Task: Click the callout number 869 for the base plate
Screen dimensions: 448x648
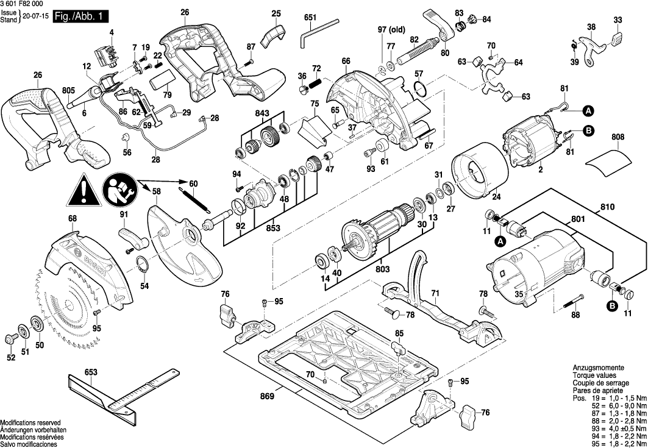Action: tap(267, 397)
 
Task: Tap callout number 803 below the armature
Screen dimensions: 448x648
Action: tap(382, 269)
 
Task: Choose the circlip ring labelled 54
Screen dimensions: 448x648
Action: tap(141, 266)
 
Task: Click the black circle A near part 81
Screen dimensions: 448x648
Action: tap(588, 111)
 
